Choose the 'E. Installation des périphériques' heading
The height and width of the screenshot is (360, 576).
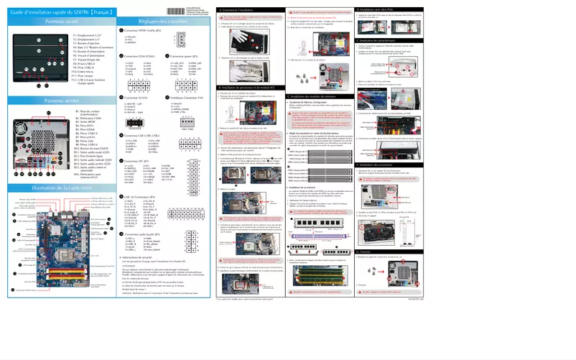coord(392,61)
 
